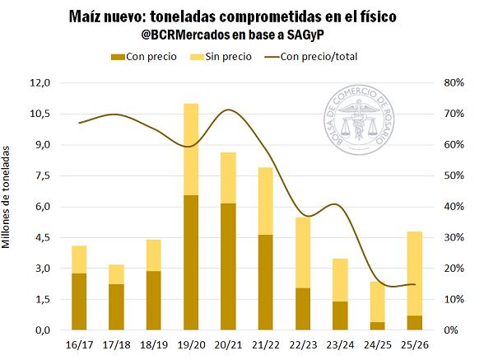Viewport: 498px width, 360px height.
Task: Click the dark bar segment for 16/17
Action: click(79, 302)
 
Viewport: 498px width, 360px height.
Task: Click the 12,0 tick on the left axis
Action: click(41, 83)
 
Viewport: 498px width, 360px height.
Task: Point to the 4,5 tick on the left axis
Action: click(41, 237)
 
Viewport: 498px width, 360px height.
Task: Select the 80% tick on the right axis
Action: click(454, 83)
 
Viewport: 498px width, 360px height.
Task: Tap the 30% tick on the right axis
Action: click(454, 237)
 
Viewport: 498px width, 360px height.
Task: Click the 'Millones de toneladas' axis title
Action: click(8, 198)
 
